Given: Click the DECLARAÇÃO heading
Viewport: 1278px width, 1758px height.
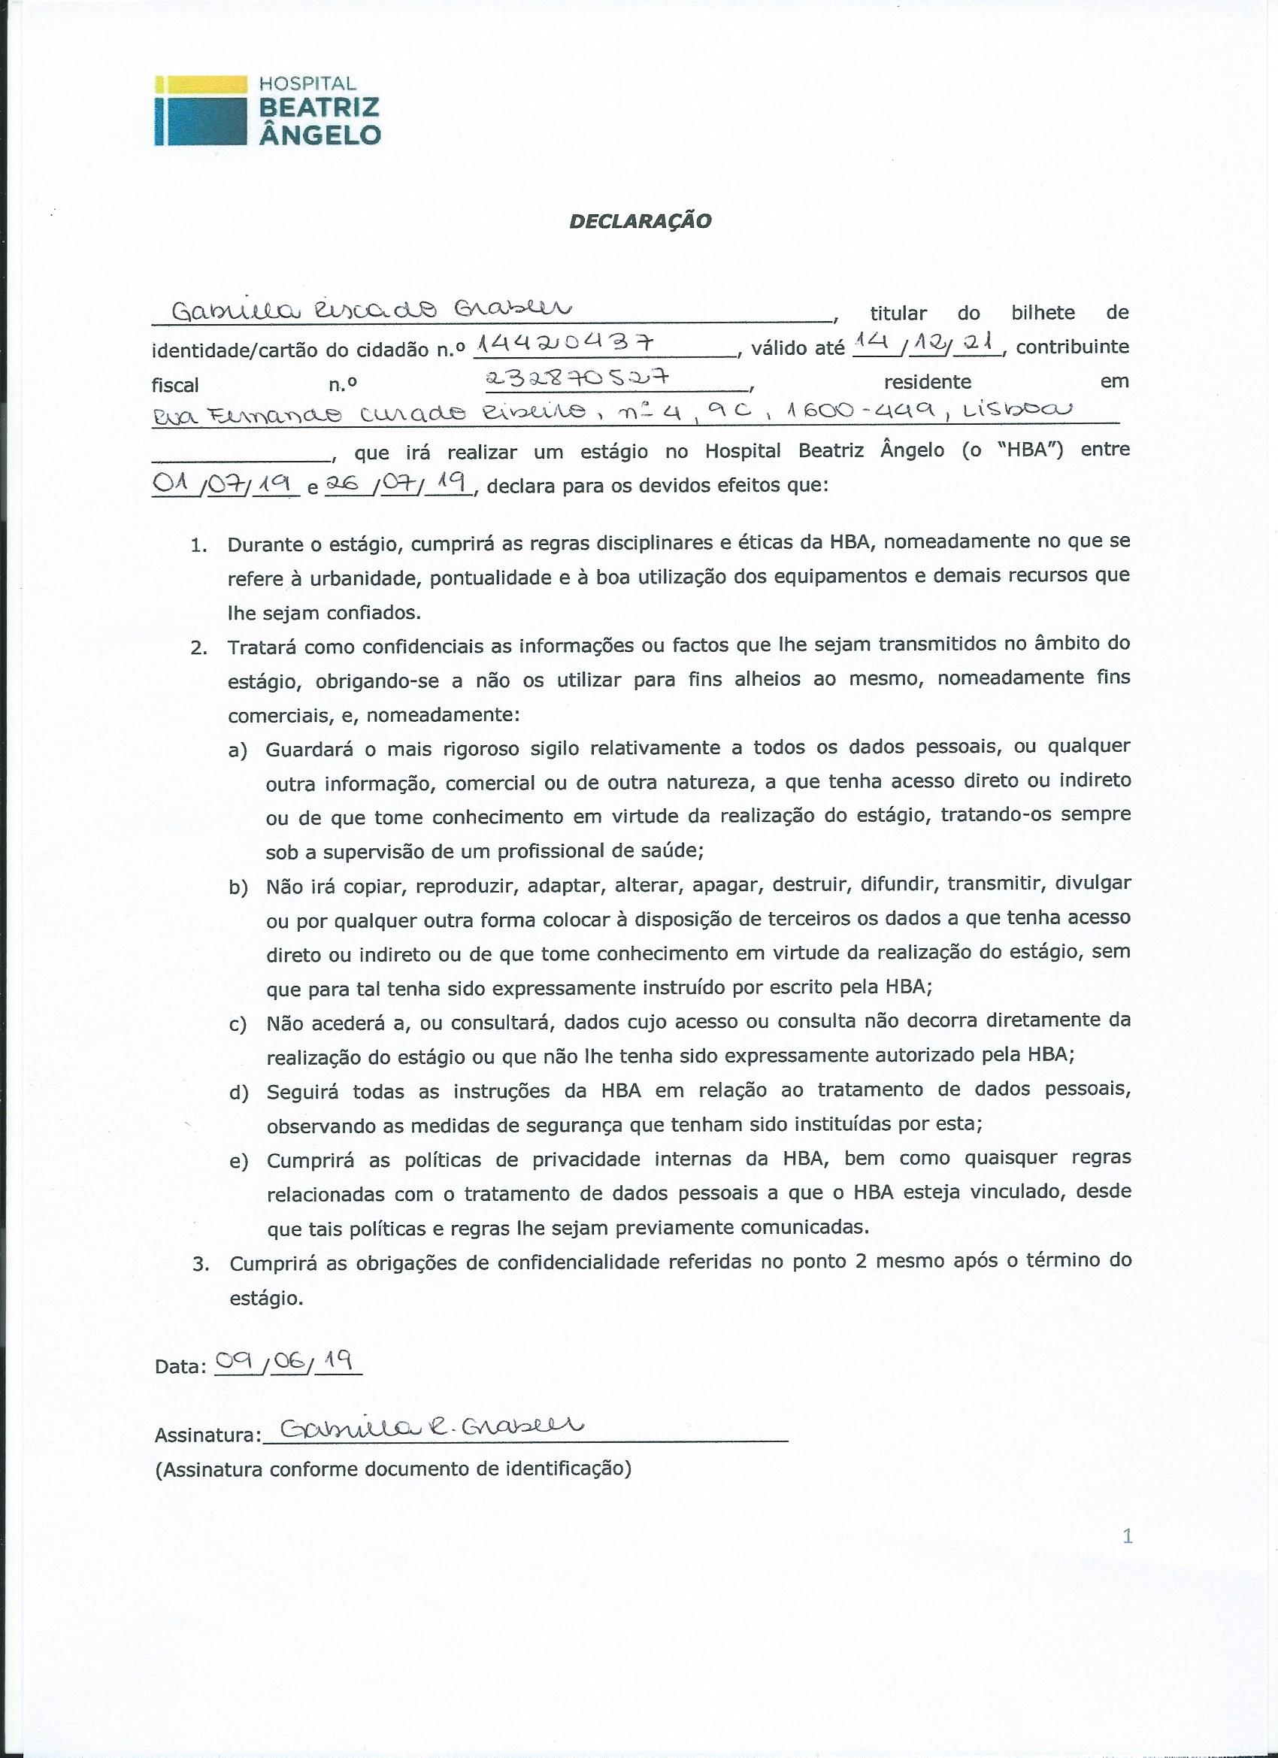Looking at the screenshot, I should pyautogui.click(x=641, y=221).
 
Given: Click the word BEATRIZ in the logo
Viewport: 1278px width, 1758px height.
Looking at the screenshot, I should pyautogui.click(x=319, y=108).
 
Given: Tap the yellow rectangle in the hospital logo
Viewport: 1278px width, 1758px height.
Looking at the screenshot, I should pyautogui.click(x=201, y=83).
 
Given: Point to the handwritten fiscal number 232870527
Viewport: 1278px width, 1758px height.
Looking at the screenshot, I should pyautogui.click(x=576, y=377).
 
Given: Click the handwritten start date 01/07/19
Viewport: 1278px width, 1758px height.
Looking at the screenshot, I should pyautogui.click(x=225, y=484).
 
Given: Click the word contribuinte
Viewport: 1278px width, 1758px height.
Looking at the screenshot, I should pyautogui.click(x=1072, y=347).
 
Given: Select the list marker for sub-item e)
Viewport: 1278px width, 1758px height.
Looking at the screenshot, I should pyautogui.click(x=238, y=1162).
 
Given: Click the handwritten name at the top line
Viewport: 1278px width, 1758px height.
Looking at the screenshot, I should pyautogui.click(x=371, y=309).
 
